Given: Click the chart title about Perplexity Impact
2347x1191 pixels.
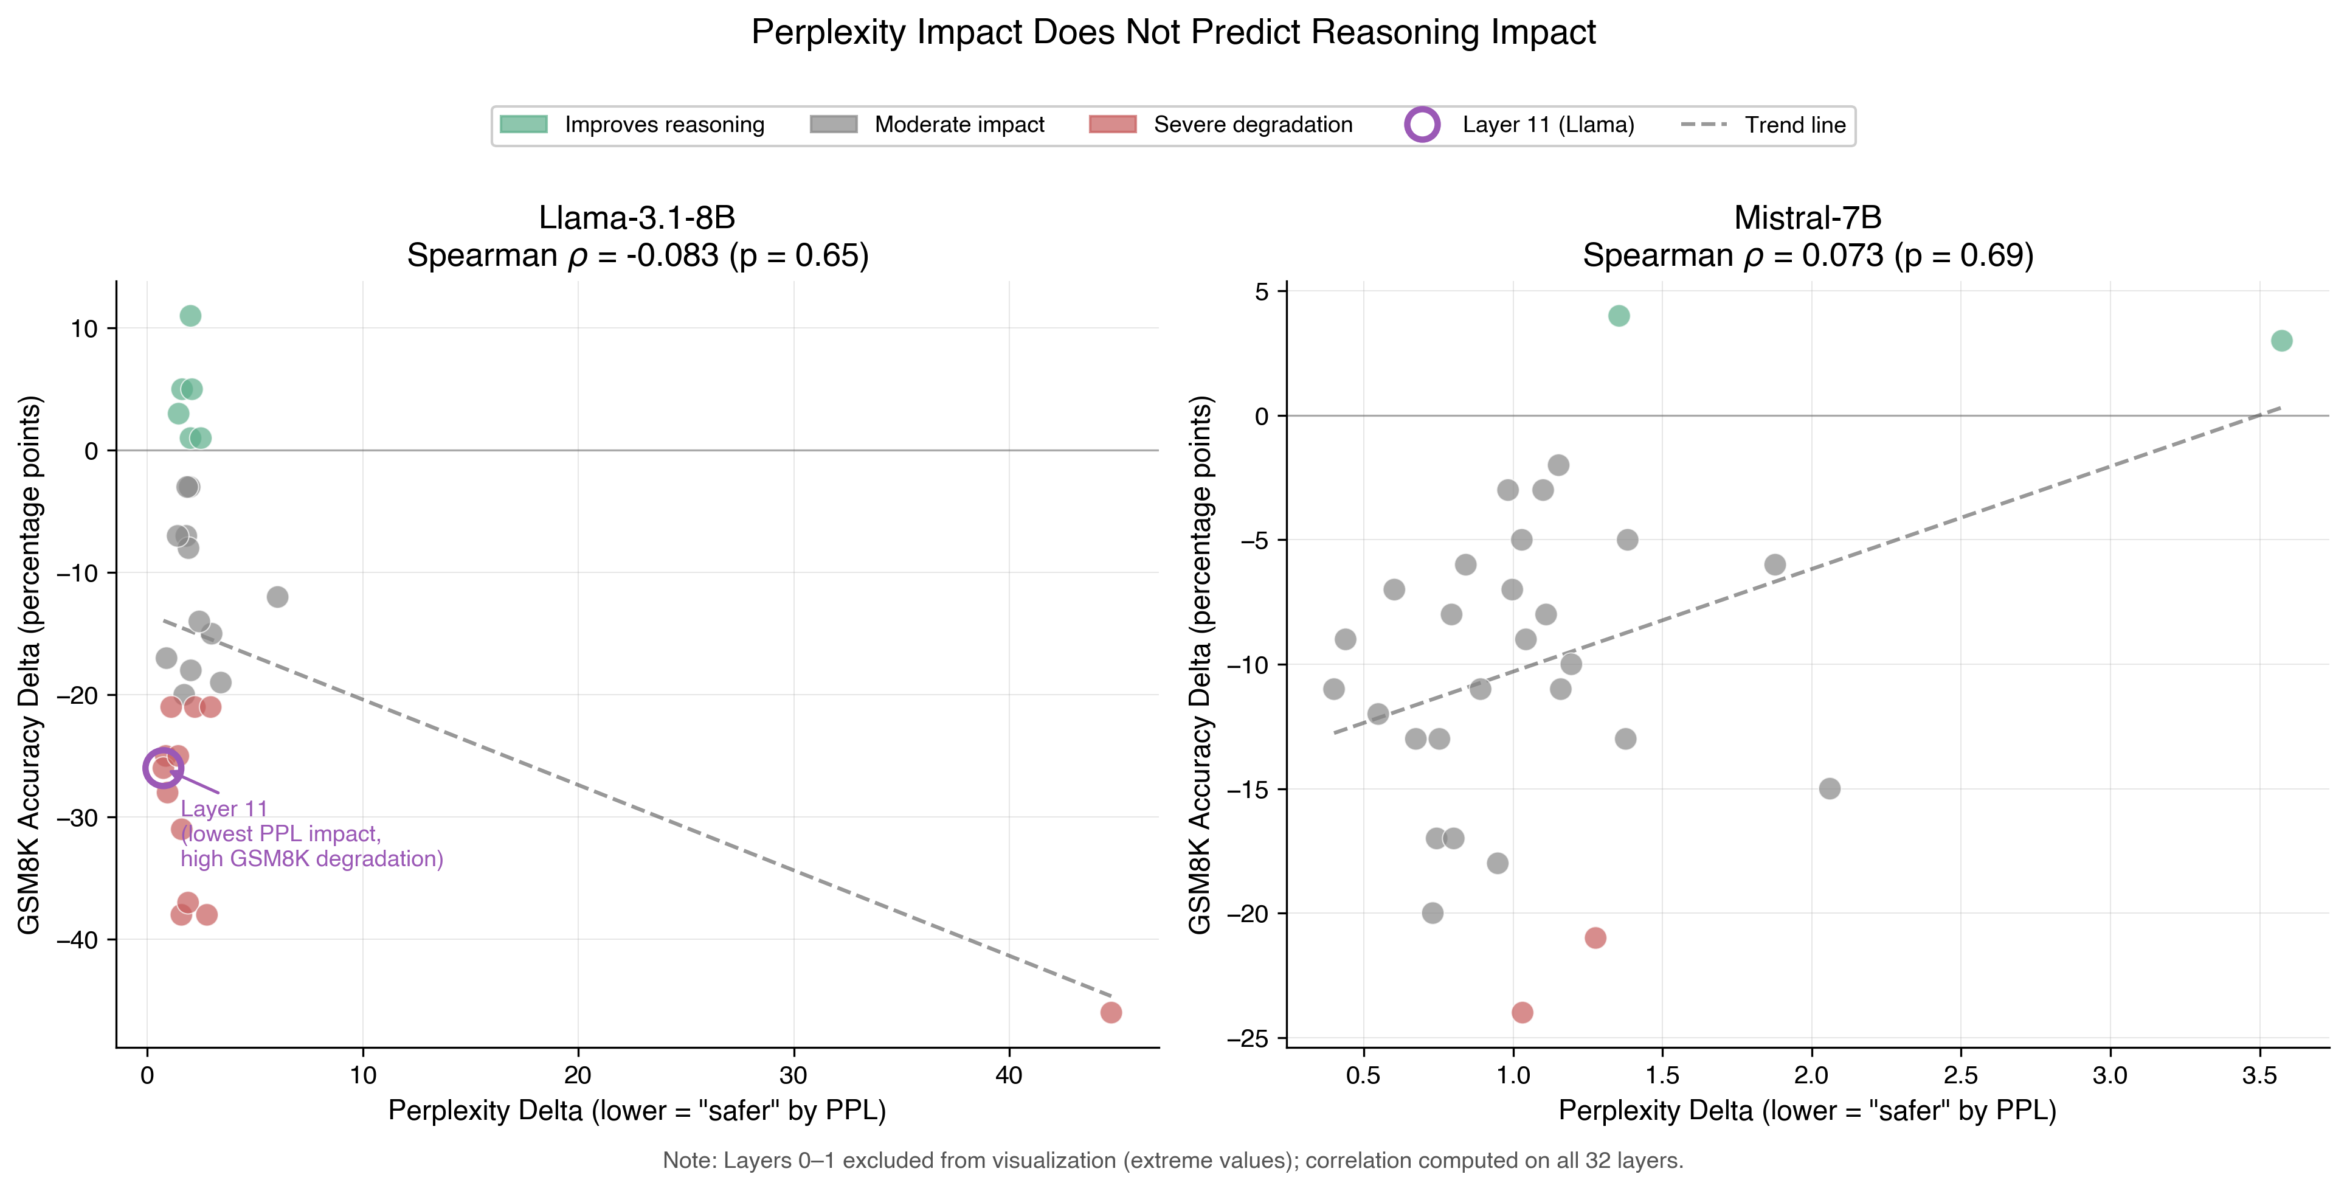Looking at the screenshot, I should [x=1173, y=33].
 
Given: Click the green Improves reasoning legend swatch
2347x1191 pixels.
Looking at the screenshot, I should [x=524, y=125].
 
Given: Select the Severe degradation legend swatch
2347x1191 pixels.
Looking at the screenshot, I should [x=1113, y=125].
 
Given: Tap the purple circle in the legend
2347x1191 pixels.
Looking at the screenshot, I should [x=1422, y=125].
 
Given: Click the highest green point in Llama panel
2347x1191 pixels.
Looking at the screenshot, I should [x=190, y=316].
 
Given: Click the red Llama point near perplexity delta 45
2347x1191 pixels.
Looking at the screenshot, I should [x=1111, y=1012].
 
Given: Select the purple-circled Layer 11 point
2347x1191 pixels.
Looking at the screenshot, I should [x=163, y=768].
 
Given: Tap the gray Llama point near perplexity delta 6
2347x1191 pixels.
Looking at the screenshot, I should [x=278, y=597].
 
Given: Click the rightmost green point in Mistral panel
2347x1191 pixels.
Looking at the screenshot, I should [x=2281, y=341].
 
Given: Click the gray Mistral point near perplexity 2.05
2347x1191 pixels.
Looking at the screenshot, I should [x=1830, y=788].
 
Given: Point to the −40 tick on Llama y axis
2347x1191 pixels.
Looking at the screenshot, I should [x=77, y=940].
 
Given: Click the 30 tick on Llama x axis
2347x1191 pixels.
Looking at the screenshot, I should [x=793, y=1075].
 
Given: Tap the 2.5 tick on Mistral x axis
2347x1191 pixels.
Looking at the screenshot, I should [x=1961, y=1075].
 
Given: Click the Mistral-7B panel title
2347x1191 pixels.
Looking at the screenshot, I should [x=1808, y=218].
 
